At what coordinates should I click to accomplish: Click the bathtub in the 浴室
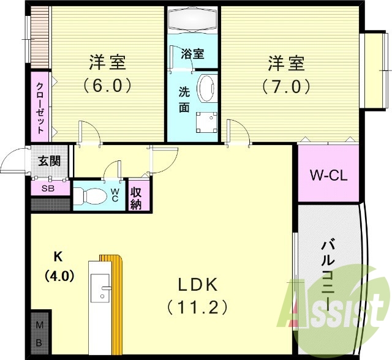pyautogui.click(x=192, y=20)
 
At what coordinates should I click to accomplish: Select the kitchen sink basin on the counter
pyautogui.click(x=100, y=288)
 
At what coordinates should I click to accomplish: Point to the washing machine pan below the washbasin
pyautogui.click(x=207, y=122)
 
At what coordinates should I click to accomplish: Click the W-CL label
pyautogui.click(x=328, y=175)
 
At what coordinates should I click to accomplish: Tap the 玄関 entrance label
pyautogui.click(x=49, y=161)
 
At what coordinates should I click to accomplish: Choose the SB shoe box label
pyautogui.click(x=48, y=189)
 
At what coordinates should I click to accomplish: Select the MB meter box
pyautogui.click(x=39, y=334)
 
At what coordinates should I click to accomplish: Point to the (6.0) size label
pyautogui.click(x=108, y=86)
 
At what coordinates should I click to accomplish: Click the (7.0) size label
pyautogui.click(x=287, y=86)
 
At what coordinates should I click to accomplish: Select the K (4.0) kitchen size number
pyautogui.click(x=59, y=276)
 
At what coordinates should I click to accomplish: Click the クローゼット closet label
pyautogui.click(x=40, y=108)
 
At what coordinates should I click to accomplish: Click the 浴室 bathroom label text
pyautogui.click(x=192, y=53)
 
